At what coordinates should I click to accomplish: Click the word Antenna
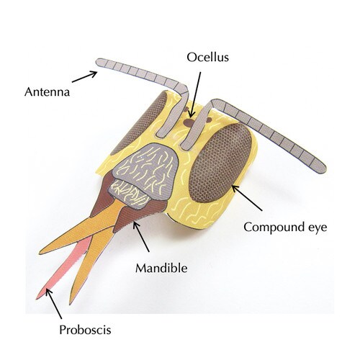(47, 92)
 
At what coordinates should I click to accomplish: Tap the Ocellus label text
(208, 58)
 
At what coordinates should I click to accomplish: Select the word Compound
(274, 228)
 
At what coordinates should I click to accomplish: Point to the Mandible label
(161, 268)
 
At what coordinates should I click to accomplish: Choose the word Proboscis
(85, 330)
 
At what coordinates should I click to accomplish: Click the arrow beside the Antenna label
(84, 76)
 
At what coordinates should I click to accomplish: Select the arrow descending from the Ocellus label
(195, 95)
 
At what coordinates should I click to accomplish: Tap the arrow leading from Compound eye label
(247, 198)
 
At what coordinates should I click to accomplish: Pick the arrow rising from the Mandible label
(141, 237)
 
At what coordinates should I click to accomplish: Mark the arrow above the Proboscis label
(53, 304)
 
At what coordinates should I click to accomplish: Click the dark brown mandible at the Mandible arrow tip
(127, 217)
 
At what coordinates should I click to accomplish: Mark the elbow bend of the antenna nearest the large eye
(214, 104)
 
